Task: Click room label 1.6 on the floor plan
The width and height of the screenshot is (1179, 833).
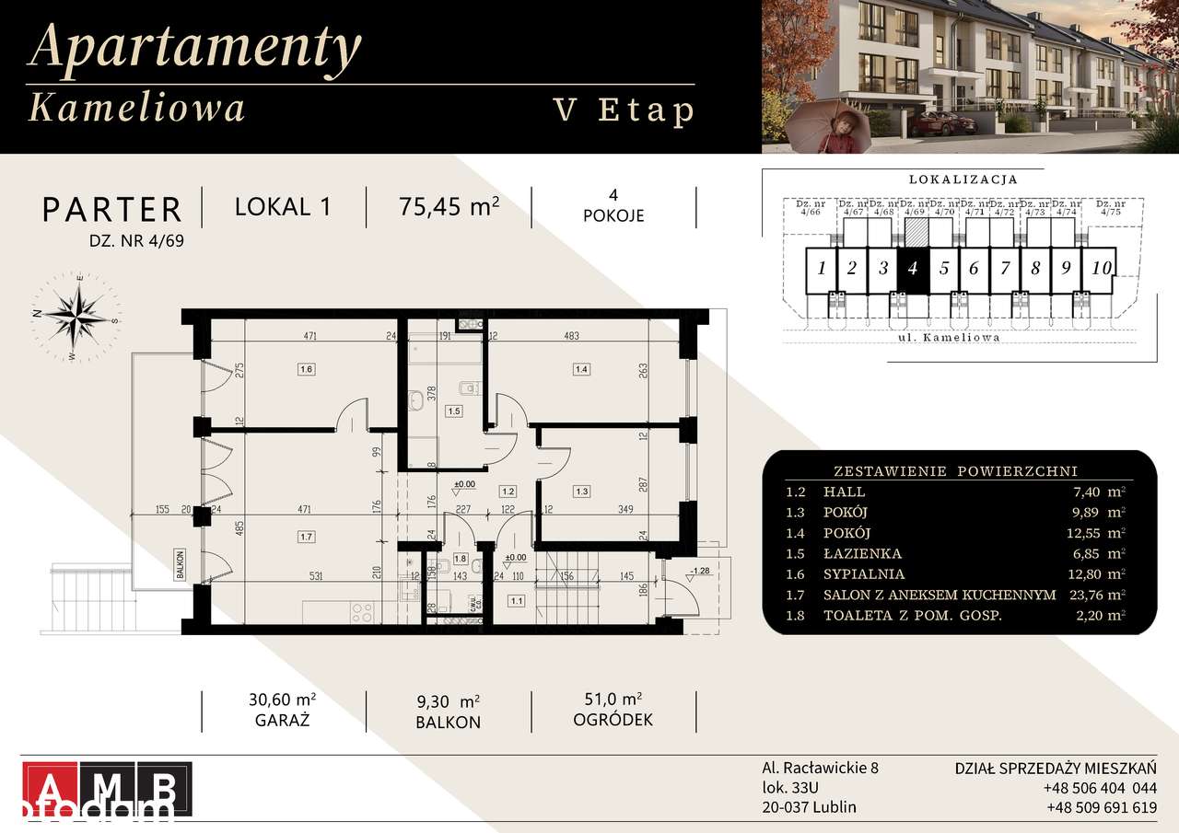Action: click(307, 369)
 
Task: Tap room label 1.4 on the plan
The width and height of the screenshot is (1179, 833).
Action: click(580, 369)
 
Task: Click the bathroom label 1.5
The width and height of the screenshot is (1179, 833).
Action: click(452, 411)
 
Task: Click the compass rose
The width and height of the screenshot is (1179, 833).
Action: click(76, 316)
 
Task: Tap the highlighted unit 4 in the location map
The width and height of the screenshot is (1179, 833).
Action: click(912, 269)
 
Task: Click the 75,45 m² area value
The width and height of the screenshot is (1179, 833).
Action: click(449, 206)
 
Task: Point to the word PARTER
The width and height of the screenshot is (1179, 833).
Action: click(112, 210)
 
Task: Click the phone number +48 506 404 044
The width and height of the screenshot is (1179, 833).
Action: click(1100, 788)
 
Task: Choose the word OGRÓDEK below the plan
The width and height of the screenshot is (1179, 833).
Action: click(613, 720)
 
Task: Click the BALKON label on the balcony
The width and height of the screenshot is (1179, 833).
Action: click(183, 563)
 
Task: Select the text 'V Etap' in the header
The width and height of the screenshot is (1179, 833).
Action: click(623, 110)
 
